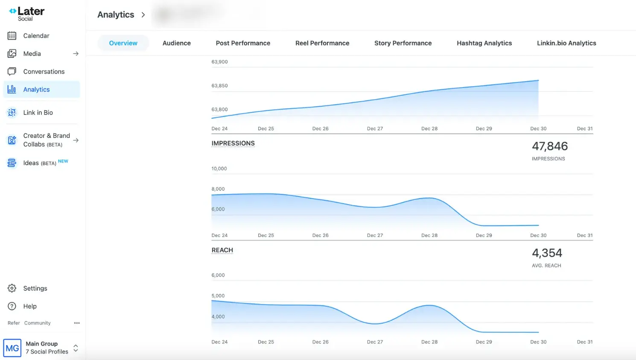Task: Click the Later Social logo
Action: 26,14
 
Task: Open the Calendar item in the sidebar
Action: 36,36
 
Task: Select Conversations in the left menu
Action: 44,72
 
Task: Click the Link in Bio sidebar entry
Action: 38,113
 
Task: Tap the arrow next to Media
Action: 76,54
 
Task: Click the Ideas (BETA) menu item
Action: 39,163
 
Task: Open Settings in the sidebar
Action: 35,289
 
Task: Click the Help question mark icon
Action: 12,306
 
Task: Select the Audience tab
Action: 176,43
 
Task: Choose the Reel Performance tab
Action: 322,43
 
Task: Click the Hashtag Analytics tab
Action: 484,43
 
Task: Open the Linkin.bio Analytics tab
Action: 566,43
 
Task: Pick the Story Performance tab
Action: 403,43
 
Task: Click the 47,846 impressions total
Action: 549,146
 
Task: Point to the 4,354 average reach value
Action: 546,253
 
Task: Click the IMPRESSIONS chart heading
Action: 233,143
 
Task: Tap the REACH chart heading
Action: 222,250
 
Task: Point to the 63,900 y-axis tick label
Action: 219,62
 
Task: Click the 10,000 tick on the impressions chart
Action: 219,169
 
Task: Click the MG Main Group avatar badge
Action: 12,348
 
